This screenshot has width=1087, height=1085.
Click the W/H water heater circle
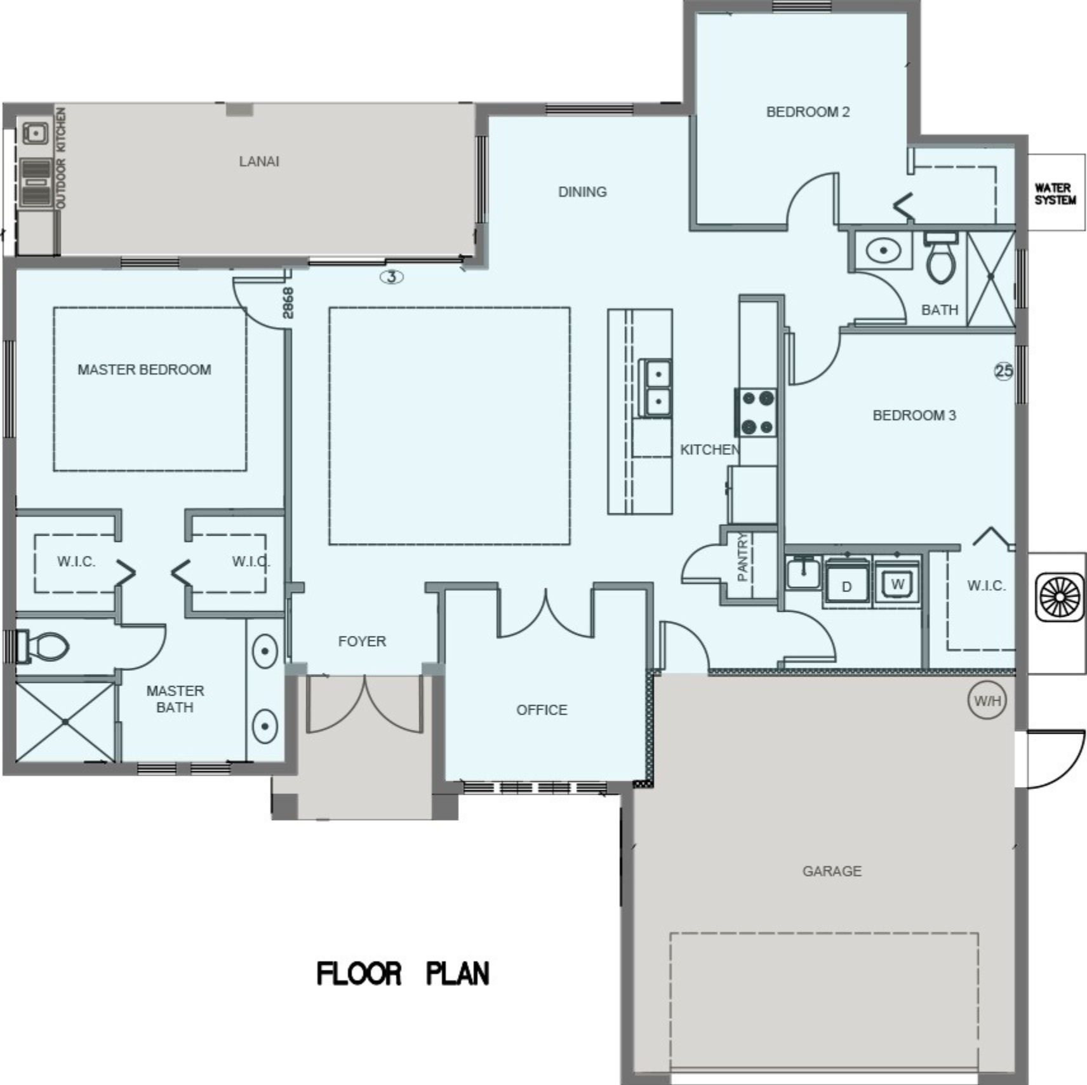987,701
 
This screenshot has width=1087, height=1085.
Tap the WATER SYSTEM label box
1056,192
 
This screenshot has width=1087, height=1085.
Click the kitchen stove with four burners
757,412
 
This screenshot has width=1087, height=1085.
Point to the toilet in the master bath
42,647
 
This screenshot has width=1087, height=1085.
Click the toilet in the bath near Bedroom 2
940,257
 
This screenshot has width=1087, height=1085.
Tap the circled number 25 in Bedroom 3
1004,371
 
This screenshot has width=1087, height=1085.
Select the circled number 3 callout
392,277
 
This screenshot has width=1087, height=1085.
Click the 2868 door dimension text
288,303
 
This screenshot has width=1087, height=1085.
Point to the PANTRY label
742,557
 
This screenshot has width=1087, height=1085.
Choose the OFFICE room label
542,710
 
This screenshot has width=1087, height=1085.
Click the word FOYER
362,641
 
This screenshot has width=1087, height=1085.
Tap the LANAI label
259,161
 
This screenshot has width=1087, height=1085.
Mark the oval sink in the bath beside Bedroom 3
883,250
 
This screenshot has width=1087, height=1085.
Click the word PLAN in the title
457,974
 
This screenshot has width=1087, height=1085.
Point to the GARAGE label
832,871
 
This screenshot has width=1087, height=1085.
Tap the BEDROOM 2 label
808,112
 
